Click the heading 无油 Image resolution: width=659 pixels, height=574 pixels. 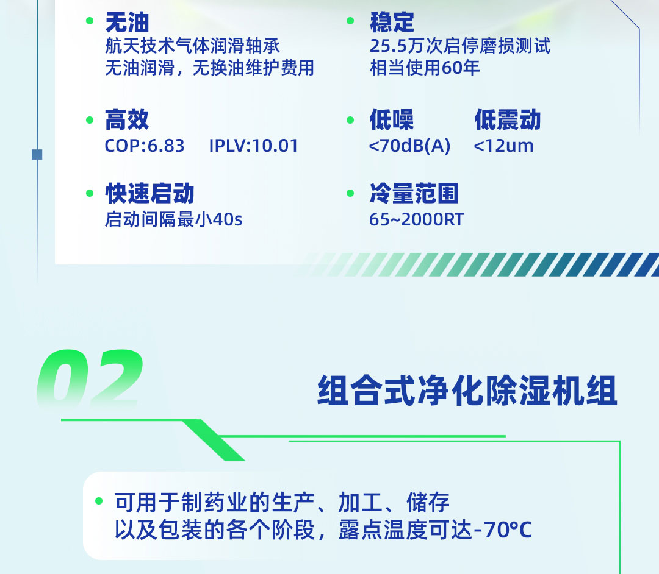coord(127,23)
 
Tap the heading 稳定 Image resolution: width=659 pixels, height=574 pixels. coord(392,23)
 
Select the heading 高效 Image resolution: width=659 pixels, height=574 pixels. coord(127,120)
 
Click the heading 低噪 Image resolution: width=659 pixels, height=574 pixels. coord(392,120)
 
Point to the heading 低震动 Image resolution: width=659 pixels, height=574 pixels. coord(508,120)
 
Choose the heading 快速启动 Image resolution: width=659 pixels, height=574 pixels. coord(149,194)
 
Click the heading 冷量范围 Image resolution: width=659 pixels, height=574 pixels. coord(414,194)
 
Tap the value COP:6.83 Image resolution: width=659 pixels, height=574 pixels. coord(145,146)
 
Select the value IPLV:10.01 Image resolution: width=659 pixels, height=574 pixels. coord(254,146)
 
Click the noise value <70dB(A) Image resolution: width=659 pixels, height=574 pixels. coord(409,146)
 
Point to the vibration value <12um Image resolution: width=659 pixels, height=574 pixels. coord(503,146)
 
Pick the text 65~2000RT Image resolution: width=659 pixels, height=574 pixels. coord(417,219)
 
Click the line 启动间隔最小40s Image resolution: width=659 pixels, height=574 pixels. coord(174,219)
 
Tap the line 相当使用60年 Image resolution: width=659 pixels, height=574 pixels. coord(425,67)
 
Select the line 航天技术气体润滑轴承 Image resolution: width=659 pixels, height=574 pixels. coord(192,46)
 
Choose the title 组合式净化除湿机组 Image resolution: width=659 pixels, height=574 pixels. coord(467,391)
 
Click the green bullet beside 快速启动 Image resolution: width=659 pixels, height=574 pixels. coord(90,193)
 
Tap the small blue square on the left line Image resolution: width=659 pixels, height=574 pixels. coord(37,155)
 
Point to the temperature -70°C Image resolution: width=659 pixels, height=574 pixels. coord(503,530)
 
